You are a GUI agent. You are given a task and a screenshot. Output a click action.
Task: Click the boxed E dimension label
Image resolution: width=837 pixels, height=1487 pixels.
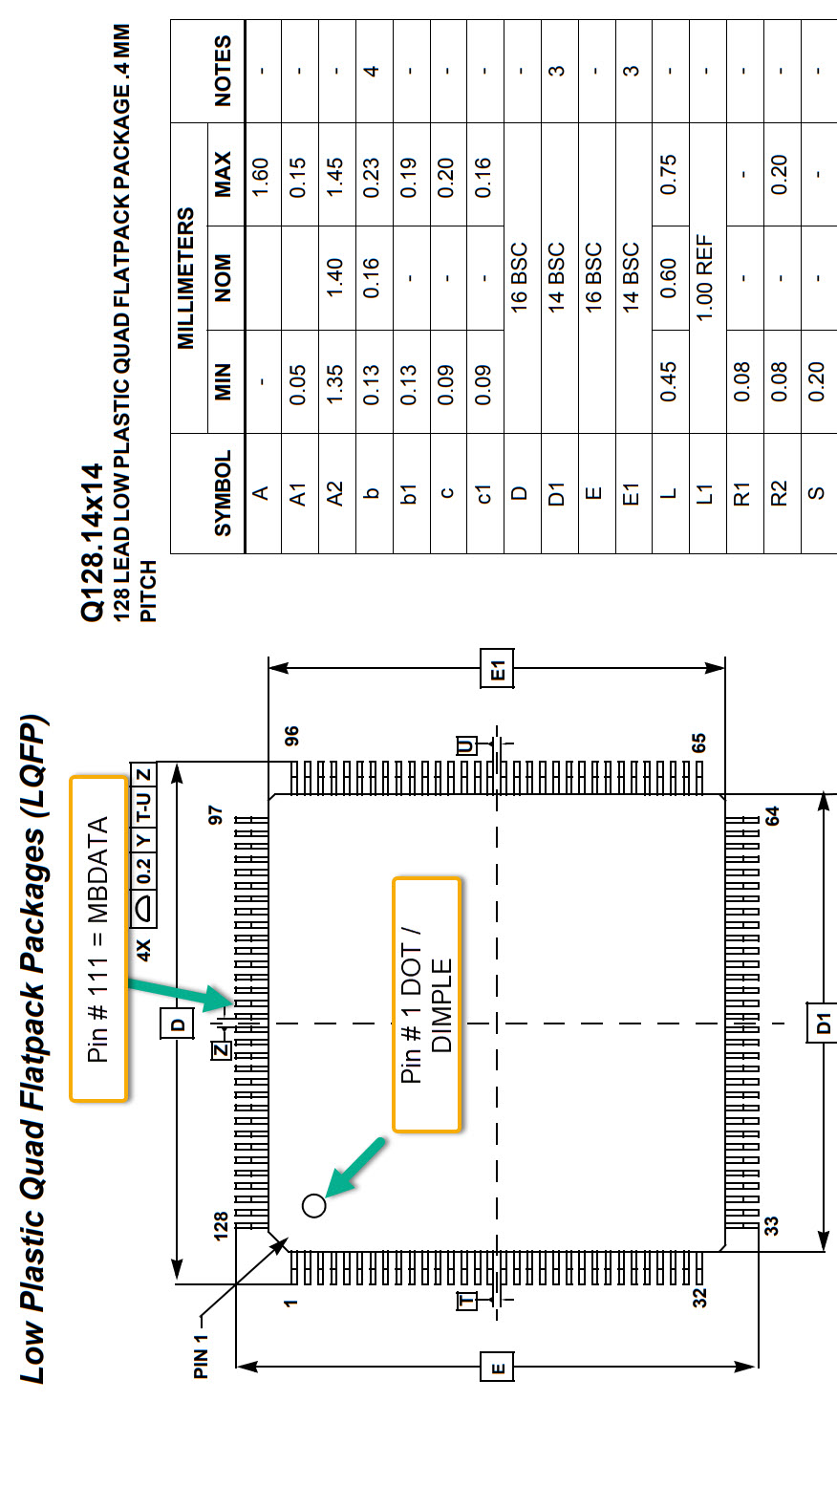pyautogui.click(x=498, y=1368)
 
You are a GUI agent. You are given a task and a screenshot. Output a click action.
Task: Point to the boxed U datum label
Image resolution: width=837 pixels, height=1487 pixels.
pyautogui.click(x=466, y=745)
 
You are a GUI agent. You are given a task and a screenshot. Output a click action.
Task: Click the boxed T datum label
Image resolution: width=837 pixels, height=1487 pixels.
pyautogui.click(x=466, y=1301)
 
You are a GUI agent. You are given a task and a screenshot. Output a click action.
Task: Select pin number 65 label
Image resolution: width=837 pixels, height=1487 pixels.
pyautogui.click(x=700, y=743)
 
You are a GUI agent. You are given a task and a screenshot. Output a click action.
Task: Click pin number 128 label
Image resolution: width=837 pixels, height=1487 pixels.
pyautogui.click(x=221, y=1224)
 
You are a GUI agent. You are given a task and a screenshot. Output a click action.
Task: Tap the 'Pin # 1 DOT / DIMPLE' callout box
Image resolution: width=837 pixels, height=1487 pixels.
pyautogui.click(x=427, y=1003)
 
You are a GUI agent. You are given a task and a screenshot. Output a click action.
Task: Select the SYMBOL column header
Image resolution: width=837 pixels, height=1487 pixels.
pyautogui.click(x=224, y=493)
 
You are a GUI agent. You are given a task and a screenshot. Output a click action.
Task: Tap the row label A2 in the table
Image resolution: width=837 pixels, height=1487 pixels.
pyautogui.click(x=334, y=493)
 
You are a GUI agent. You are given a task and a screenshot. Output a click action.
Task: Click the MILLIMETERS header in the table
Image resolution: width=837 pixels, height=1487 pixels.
pyautogui.click(x=186, y=278)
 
